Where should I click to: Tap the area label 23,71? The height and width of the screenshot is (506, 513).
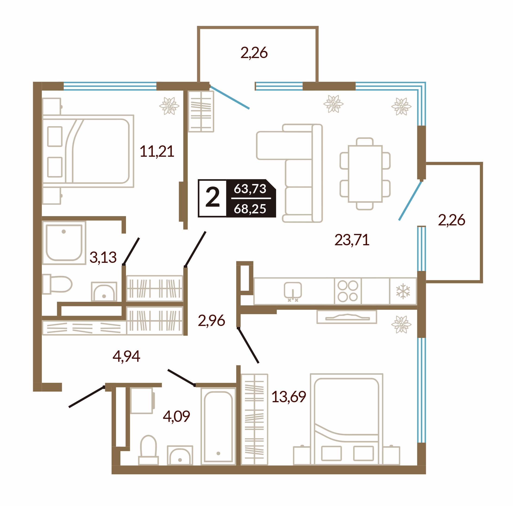click(352, 240)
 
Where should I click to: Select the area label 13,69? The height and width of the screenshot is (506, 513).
click(289, 397)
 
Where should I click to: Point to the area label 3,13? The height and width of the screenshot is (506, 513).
click(103, 257)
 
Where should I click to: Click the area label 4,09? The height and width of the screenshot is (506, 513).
click(176, 416)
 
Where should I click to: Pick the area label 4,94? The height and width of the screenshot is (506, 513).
click(126, 356)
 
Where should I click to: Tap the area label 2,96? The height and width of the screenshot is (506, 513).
click(211, 320)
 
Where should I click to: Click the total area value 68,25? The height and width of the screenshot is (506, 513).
click(250, 209)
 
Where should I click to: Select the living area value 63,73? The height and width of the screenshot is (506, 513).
click(250, 189)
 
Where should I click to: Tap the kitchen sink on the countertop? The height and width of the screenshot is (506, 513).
click(293, 291)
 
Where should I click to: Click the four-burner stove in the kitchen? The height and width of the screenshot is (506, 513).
click(348, 291)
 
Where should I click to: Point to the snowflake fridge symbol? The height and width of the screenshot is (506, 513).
click(403, 291)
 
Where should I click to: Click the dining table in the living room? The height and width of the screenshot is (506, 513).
click(365, 174)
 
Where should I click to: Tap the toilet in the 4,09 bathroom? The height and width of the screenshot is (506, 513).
click(148, 451)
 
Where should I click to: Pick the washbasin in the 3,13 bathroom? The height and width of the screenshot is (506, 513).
click(104, 292)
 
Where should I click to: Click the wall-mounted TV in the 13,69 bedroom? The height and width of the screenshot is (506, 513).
click(346, 317)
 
